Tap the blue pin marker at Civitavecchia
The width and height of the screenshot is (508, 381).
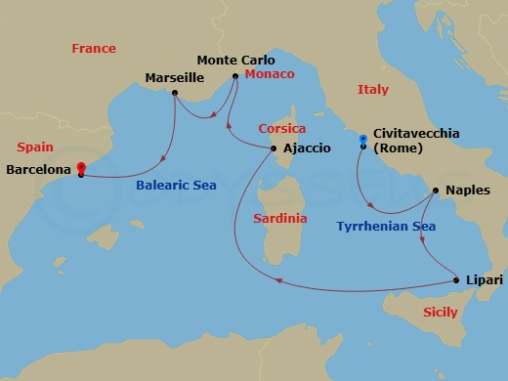tap(362, 140)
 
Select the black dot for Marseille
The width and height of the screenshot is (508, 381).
tap(174, 93)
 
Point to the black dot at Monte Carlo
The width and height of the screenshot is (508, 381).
tap(235, 75)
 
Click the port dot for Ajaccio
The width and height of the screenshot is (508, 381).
tap(272, 148)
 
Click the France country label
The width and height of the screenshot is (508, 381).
tap(94, 48)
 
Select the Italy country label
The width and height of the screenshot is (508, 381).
tap(372, 89)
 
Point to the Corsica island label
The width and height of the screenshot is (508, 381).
tap(282, 128)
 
